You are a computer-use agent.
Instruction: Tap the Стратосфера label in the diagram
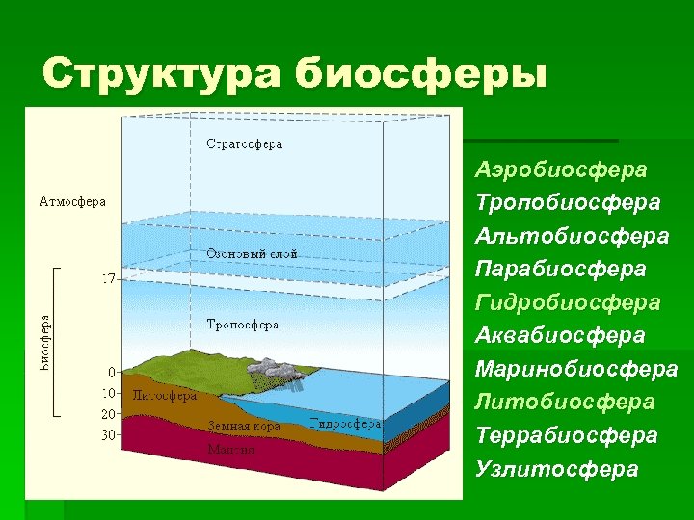click(245, 144)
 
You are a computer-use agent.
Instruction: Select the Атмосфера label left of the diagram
click(72, 202)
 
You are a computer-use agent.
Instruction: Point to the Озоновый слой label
click(252, 254)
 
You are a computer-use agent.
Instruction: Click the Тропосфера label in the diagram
click(243, 325)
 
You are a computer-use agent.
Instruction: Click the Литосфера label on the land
click(164, 395)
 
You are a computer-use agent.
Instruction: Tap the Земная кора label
click(244, 426)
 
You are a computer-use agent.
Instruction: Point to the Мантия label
click(231, 449)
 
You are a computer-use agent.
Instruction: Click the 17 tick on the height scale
click(109, 279)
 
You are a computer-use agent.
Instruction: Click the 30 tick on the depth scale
click(109, 435)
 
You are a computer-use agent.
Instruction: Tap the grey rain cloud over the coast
click(282, 369)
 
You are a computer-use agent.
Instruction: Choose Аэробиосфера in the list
click(560, 170)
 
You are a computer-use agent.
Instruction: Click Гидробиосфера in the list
click(568, 302)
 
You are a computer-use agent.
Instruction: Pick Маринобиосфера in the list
click(576, 369)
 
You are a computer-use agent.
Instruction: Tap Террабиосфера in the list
click(567, 435)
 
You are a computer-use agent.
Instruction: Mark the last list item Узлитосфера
click(556, 469)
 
